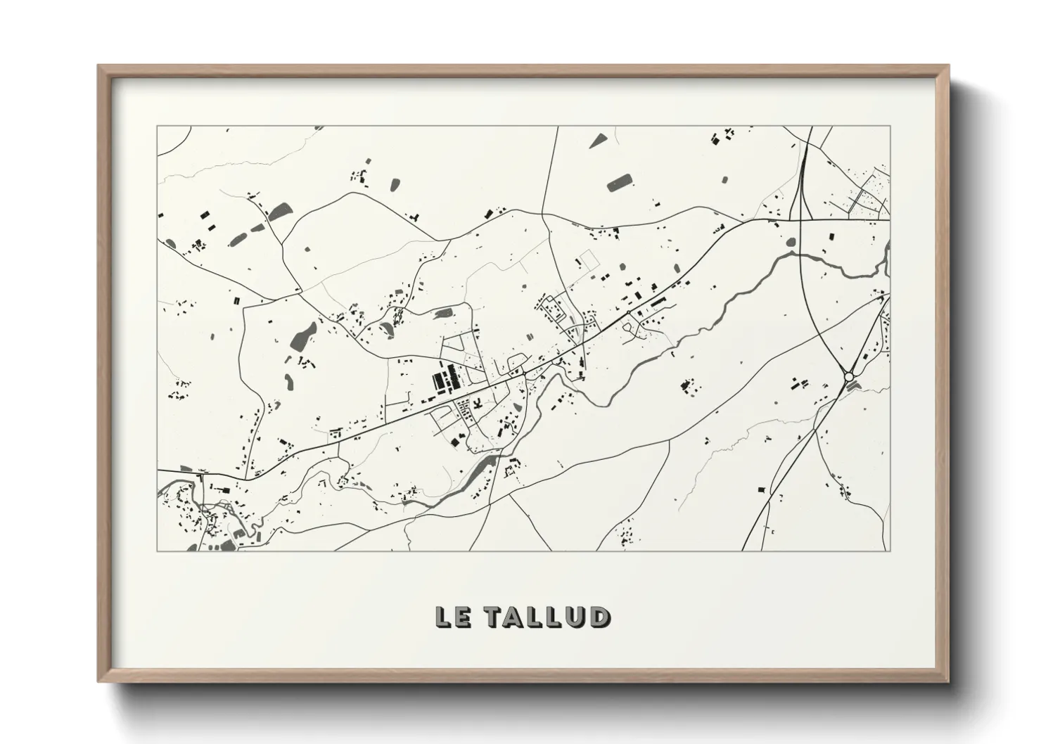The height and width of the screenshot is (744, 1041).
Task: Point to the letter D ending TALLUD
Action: tap(599, 617)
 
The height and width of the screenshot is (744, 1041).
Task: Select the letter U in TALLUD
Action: tap(577, 617)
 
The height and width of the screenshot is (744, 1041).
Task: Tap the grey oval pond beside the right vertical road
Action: tap(790, 241)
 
